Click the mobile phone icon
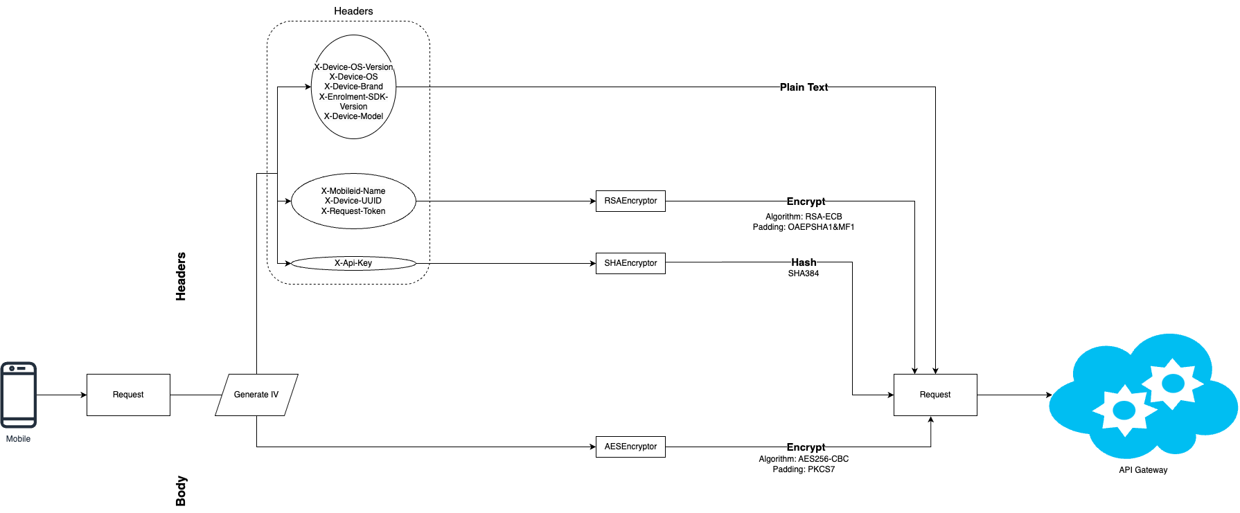point(19,395)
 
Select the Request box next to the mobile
point(128,395)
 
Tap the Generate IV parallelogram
point(256,395)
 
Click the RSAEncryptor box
point(630,201)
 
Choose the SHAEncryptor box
point(630,263)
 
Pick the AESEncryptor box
point(630,447)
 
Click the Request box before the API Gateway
point(935,395)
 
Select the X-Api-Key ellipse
point(353,263)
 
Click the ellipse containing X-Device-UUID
point(353,201)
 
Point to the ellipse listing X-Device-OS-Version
point(353,87)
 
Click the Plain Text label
point(804,87)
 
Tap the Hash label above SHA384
point(804,262)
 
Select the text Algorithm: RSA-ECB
point(804,217)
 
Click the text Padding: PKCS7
point(804,469)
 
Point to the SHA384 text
point(804,273)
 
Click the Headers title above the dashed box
point(353,11)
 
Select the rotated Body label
point(181,491)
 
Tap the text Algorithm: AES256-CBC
point(804,459)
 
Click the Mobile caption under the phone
point(18,439)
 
